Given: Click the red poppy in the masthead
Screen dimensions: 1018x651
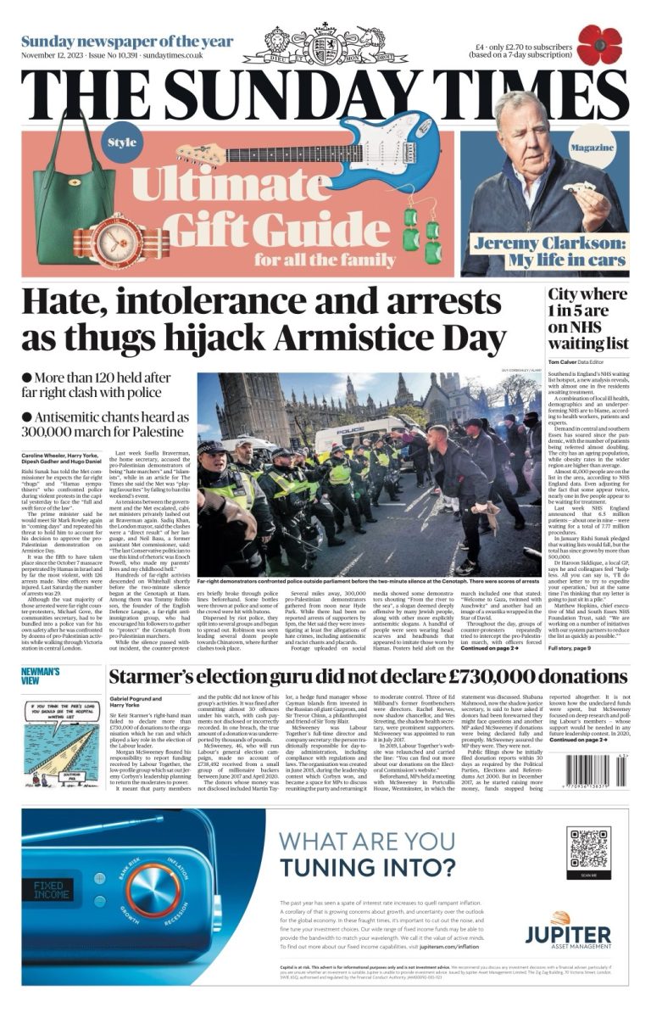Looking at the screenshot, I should click(599, 45).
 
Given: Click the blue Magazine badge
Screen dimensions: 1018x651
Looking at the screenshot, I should click(592, 148).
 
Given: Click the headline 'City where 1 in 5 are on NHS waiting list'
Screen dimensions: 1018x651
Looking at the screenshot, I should click(587, 319).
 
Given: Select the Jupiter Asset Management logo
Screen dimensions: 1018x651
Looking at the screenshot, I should click(567, 931).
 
